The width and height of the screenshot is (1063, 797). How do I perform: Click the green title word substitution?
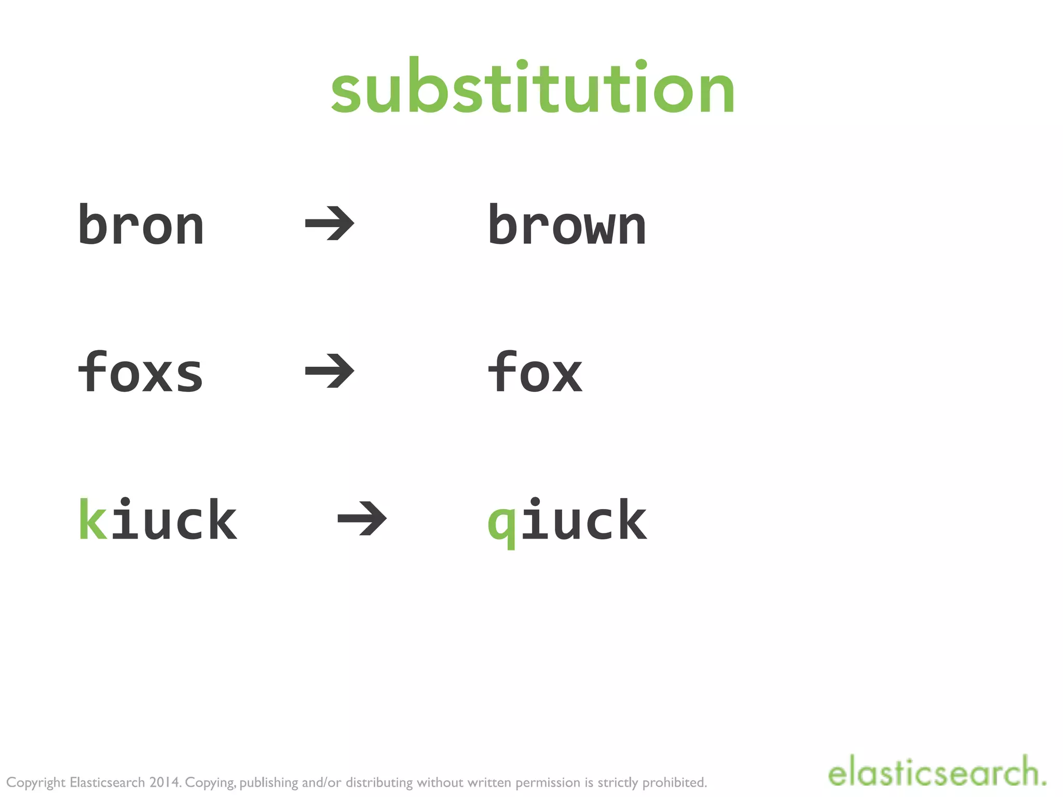pyautogui.click(x=533, y=88)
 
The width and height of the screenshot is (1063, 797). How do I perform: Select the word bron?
pyautogui.click(x=141, y=225)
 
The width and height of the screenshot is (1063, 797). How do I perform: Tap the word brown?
pyautogui.click(x=567, y=225)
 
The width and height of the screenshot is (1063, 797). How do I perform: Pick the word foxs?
pyautogui.click(x=140, y=372)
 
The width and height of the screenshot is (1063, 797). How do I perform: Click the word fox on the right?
pyautogui.click(x=535, y=372)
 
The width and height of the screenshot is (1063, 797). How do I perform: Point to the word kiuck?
pyautogui.click(x=158, y=519)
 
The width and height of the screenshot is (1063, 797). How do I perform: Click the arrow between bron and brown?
pyautogui.click(x=330, y=224)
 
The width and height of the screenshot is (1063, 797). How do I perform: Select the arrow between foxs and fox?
pyautogui.click(x=330, y=371)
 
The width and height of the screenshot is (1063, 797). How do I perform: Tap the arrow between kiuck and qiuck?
pyautogui.click(x=362, y=518)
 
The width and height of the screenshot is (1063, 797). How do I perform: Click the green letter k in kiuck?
pyautogui.click(x=93, y=519)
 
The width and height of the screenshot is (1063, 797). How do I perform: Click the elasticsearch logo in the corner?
pyautogui.click(x=936, y=772)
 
